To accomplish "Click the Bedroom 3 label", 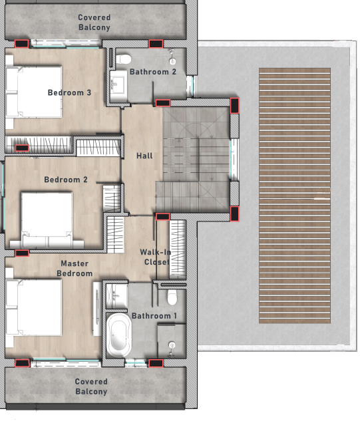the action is pos(69,92).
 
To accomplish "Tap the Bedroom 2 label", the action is pos(66,180).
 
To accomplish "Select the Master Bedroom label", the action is pos(75,269).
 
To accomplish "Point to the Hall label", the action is pos(144,156).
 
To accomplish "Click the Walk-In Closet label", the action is pos(155,257).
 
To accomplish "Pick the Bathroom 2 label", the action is pos(153,72).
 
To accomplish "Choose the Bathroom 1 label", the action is pos(154,316).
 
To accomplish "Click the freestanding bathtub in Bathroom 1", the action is pos(118,335).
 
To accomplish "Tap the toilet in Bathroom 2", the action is pos(124,59).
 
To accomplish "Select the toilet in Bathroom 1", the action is pos(172,297).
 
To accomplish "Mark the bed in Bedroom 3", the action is pos(33,92).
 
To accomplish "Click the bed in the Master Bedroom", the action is pos(33,307).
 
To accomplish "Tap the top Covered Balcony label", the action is pos(94,23).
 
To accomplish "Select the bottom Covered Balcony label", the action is pos(91,386).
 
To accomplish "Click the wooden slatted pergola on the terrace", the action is pos(295,196).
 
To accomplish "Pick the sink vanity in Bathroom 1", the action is pos(116,296).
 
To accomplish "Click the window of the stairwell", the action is pos(234,160).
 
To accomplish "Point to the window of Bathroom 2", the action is pos(191,86).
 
